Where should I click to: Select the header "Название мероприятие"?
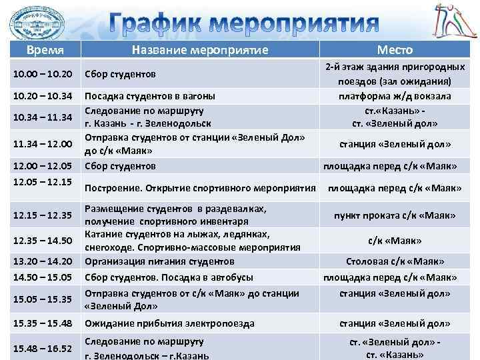point(200,50)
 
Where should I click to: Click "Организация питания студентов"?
point(159,261)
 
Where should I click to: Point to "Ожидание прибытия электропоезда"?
point(169,323)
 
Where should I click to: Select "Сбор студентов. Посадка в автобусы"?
point(169,277)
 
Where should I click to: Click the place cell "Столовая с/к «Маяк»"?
point(397,261)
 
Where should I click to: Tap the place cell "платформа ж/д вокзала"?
point(396,96)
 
